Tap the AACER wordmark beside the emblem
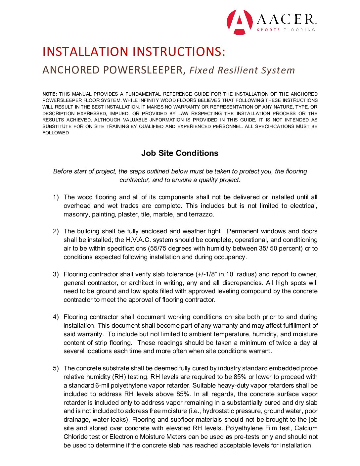coord(287,19)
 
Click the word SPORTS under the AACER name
coord(268,30)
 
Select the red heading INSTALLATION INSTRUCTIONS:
coord(134,52)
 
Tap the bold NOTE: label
coord(50,94)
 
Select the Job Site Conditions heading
coord(180,153)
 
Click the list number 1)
coord(56,197)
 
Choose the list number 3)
coord(56,274)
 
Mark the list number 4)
coord(56,317)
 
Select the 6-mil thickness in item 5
coord(102,386)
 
